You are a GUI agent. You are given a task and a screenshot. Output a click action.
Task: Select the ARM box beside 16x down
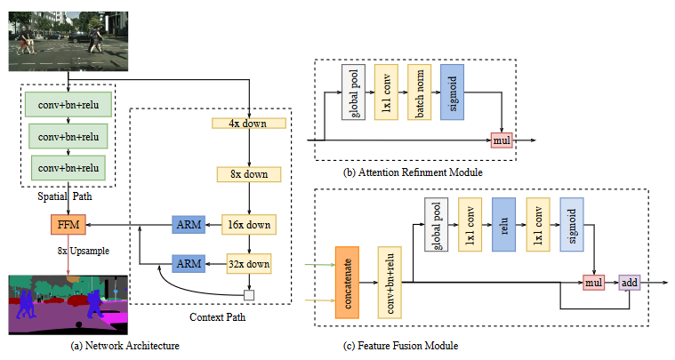coord(189,224)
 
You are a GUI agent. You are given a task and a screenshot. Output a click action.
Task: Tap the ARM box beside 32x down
coord(189,263)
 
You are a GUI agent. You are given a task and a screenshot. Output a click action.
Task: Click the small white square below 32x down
coord(250,295)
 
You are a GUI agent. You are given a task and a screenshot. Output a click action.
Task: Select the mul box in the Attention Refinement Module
coord(502,140)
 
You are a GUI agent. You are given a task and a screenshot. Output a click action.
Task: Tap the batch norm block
coord(419,92)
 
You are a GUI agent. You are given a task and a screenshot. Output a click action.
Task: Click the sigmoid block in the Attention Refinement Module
coord(451,92)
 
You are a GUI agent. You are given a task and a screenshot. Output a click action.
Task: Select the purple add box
coord(629,283)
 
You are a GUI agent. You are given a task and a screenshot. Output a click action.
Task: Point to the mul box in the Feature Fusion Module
coord(593,283)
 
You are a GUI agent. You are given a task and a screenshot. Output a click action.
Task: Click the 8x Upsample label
coord(83,251)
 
